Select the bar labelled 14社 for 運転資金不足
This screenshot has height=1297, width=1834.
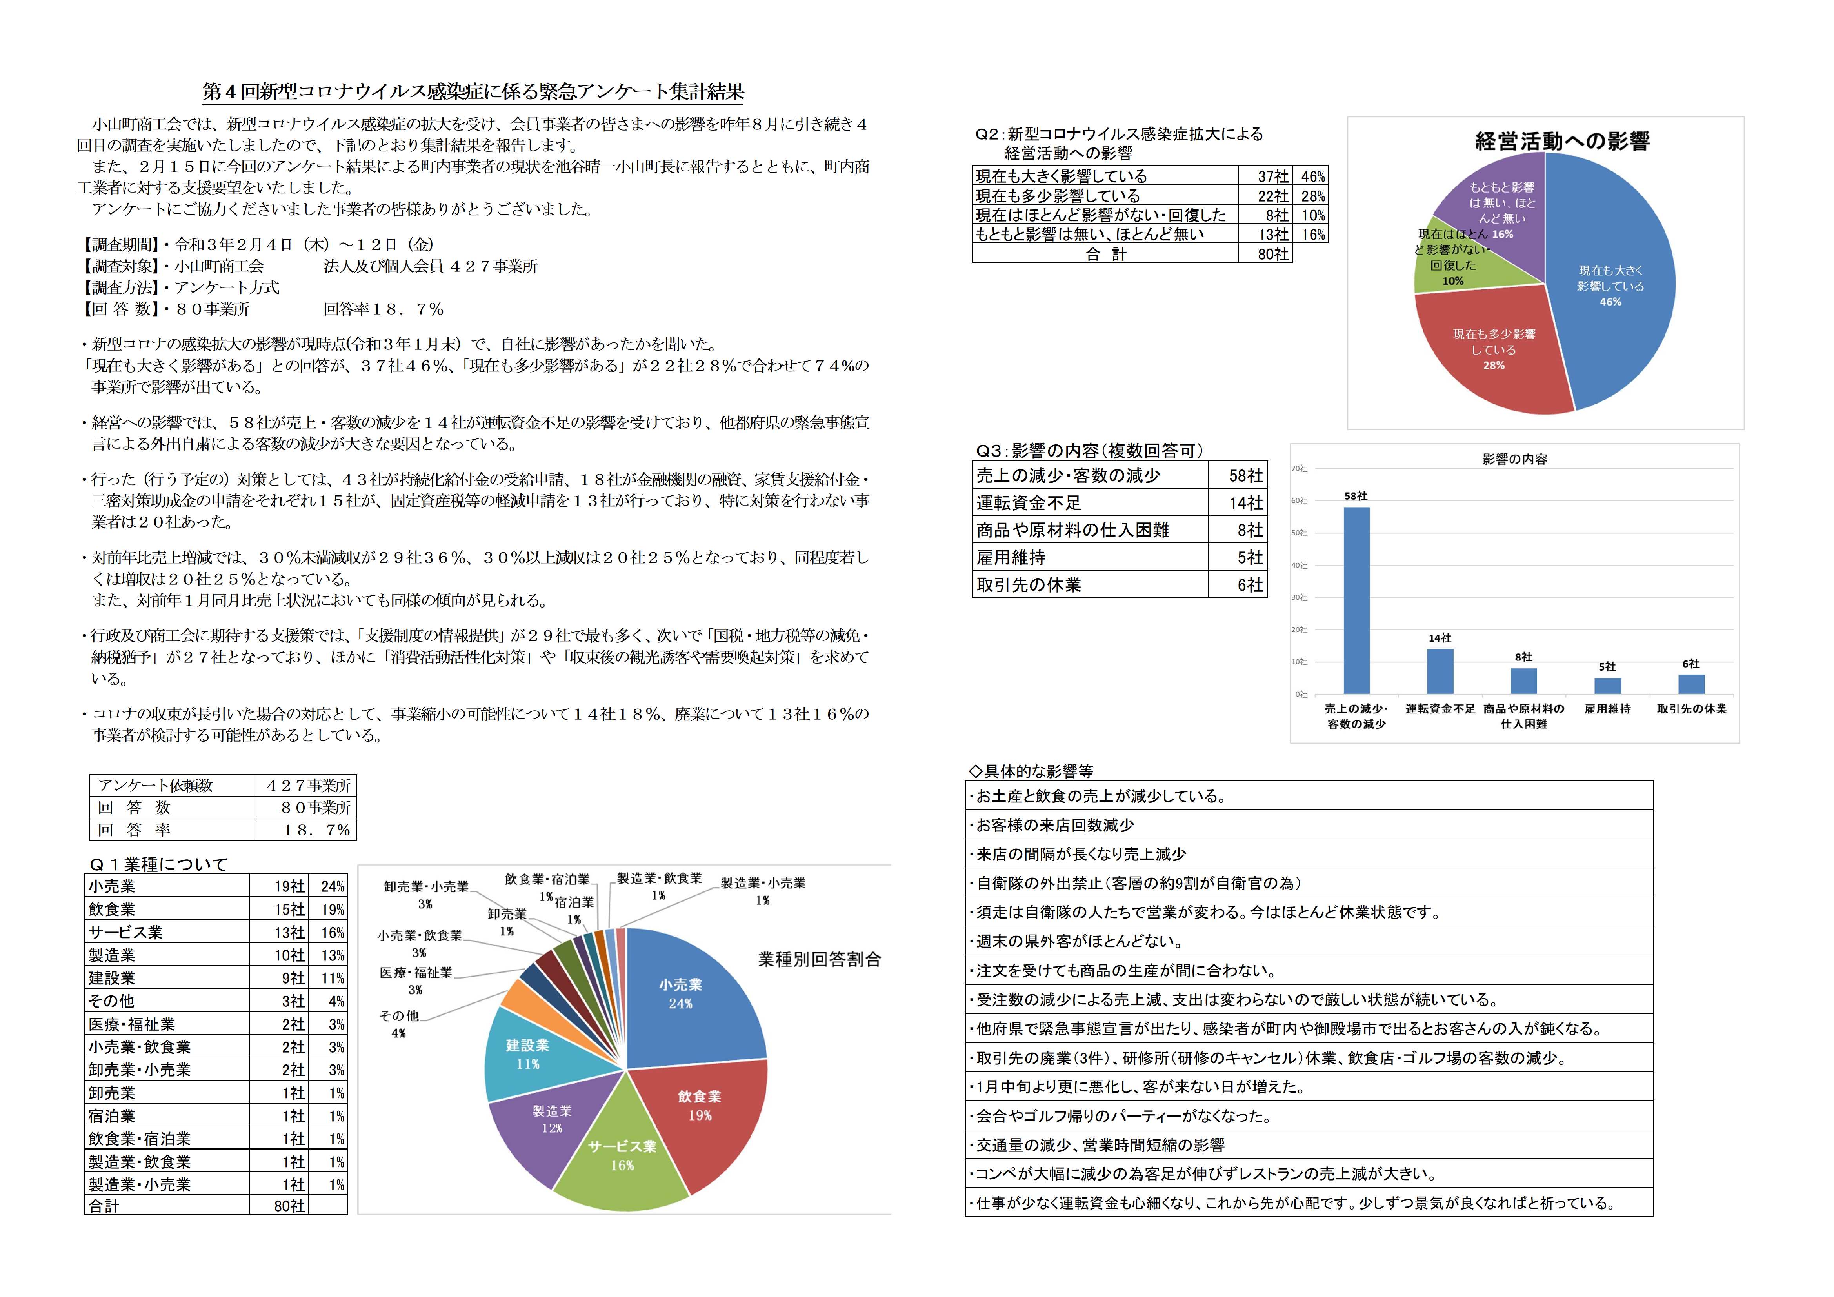[x=1440, y=671]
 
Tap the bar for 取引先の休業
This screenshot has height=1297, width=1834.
[x=1691, y=684]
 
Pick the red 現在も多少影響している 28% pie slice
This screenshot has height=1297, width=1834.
[x=1490, y=352]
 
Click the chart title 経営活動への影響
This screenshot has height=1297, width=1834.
[x=1561, y=142]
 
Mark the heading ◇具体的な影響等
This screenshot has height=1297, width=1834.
[x=1031, y=771]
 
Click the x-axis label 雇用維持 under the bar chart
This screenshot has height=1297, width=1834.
[x=1607, y=709]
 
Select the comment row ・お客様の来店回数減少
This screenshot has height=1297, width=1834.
[x=1054, y=825]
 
